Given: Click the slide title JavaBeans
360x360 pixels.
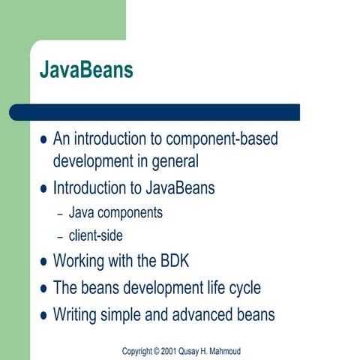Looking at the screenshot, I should [x=86, y=71].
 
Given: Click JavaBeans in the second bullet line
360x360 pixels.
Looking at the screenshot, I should [x=176, y=188].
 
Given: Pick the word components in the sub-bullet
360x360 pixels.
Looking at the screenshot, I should [x=130, y=213].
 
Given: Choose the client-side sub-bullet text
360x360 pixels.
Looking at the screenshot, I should [x=95, y=235].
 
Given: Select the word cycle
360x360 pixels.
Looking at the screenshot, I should [x=244, y=288].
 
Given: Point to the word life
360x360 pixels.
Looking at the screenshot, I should [x=211, y=288].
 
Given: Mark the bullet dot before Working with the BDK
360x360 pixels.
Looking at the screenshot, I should [x=43, y=263].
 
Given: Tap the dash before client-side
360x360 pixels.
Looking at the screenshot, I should [x=61, y=236].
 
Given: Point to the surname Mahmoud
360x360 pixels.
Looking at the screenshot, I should [x=222, y=351].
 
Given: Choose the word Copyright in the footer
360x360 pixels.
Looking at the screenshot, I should [x=137, y=351].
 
